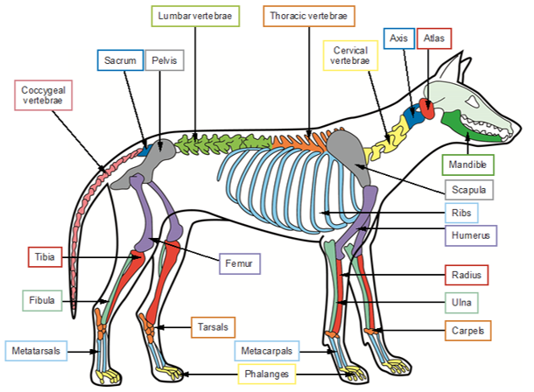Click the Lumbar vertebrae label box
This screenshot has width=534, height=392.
(193, 17)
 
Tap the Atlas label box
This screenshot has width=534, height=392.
(434, 39)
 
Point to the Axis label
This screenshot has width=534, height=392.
(398, 39)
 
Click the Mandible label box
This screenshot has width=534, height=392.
(468, 164)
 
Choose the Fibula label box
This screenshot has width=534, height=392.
(42, 300)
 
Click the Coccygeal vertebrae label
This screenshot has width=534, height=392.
(44, 95)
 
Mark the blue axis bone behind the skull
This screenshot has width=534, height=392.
(413, 115)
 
